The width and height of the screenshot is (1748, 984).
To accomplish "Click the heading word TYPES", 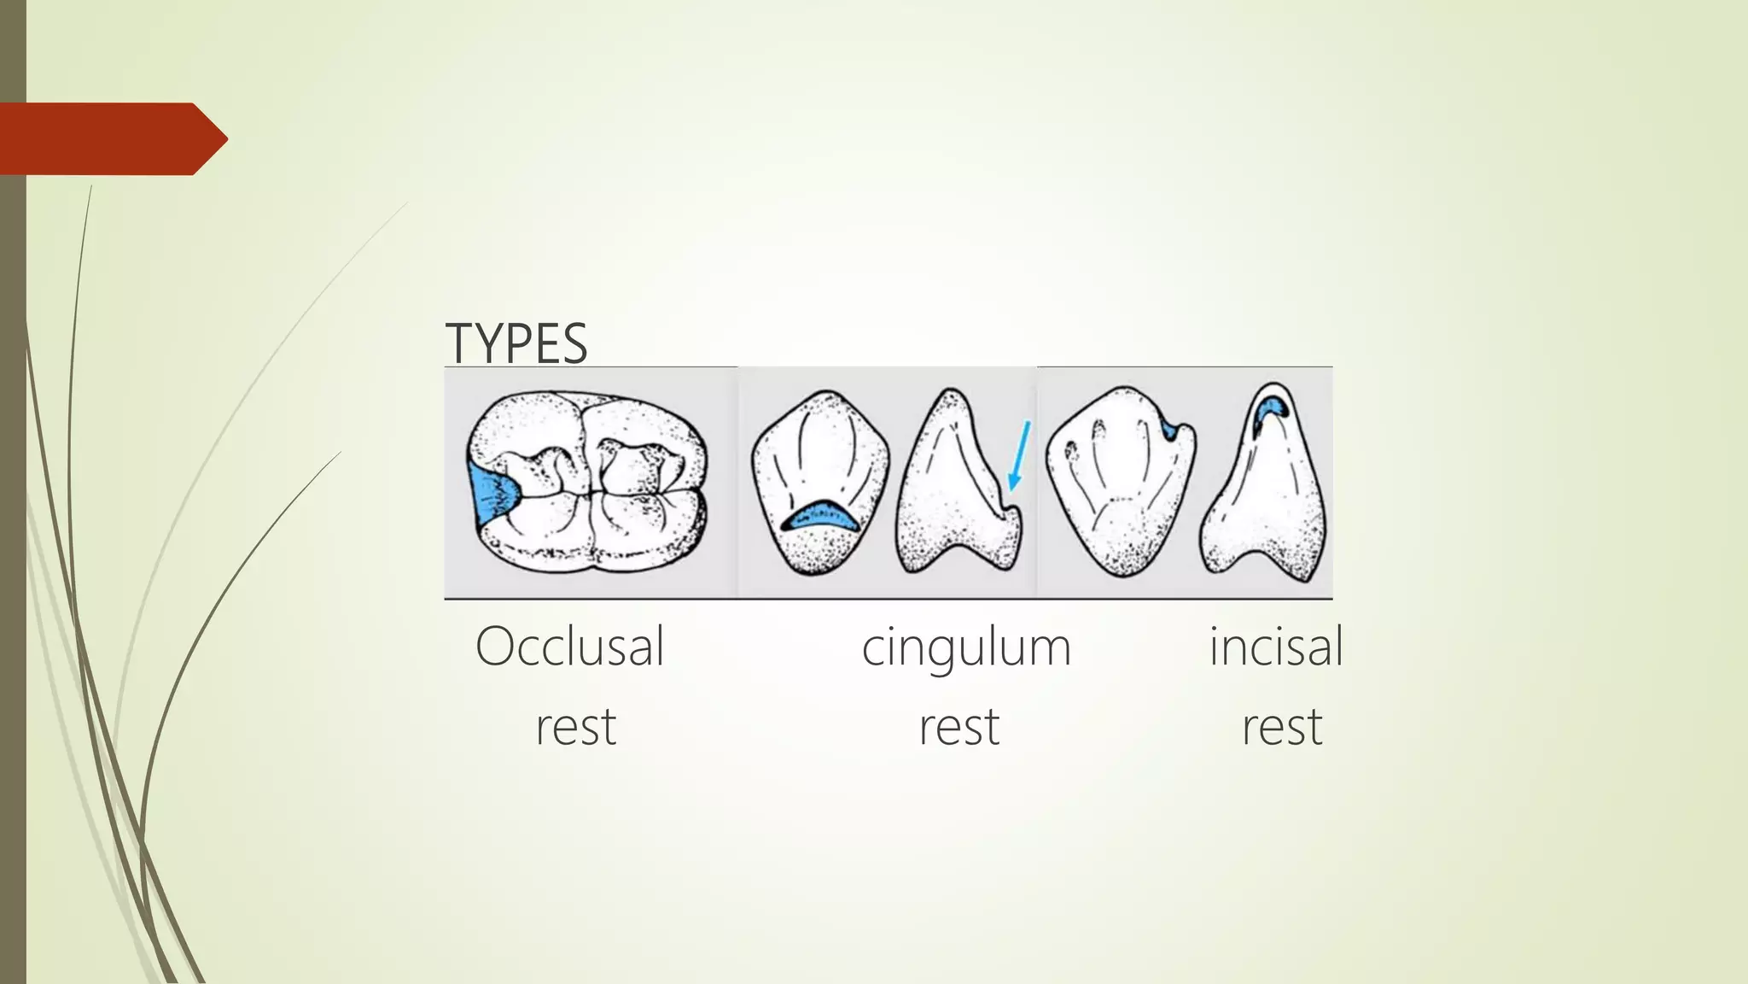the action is pos(516,343).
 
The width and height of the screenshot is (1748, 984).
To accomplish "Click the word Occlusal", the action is pos(569,647).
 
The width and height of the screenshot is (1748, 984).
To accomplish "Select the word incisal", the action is pos(1275,647).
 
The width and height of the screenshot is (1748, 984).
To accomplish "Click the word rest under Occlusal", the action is pos(575,727).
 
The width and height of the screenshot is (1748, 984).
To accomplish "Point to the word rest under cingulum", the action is pos(958,727).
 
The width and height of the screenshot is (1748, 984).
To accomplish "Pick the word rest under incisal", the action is pos(1281,727).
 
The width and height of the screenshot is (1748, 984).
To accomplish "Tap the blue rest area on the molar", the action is pos(490,495).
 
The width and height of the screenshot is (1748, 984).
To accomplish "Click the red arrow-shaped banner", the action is pos(111,138).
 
